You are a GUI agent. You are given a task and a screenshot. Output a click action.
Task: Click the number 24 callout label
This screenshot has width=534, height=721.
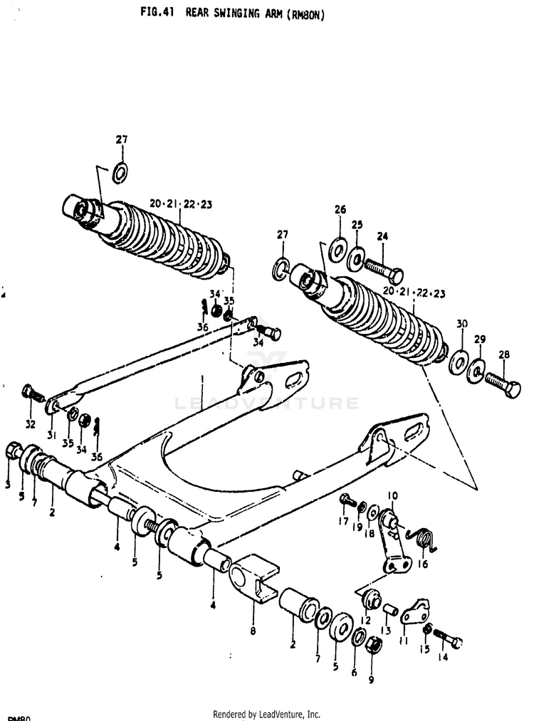tap(382, 237)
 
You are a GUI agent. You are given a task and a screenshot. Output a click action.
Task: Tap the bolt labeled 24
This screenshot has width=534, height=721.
tap(384, 271)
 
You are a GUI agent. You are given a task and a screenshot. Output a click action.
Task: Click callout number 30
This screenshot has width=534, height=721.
tap(462, 324)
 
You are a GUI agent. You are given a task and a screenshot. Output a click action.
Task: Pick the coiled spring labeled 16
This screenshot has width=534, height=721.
tap(424, 539)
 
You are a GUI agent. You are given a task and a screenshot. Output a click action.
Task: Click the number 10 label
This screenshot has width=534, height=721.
tap(392, 495)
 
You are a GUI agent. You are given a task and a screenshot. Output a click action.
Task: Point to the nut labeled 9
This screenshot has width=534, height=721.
tap(374, 646)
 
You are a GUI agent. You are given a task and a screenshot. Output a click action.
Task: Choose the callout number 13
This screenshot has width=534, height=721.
tap(386, 631)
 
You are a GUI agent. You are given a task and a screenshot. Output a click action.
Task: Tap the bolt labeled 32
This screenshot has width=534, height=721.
tap(31, 392)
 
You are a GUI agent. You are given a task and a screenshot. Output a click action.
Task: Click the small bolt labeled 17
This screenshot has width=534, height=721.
tap(346, 500)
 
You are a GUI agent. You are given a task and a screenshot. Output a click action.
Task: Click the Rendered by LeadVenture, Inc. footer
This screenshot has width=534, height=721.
tap(266, 714)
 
